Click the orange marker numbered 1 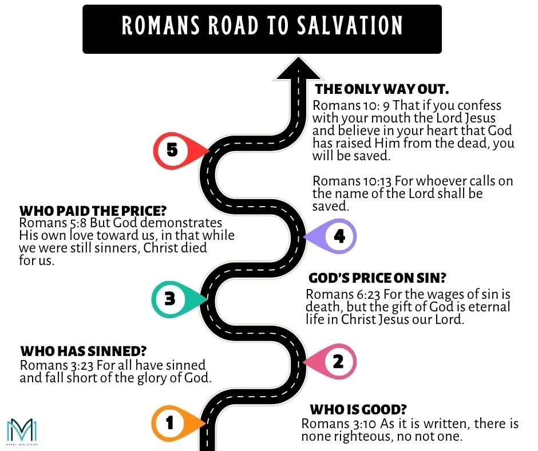coord(171,423)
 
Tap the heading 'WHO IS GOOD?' coord(358,410)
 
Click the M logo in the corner coord(21,429)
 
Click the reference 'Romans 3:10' coord(330,424)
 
